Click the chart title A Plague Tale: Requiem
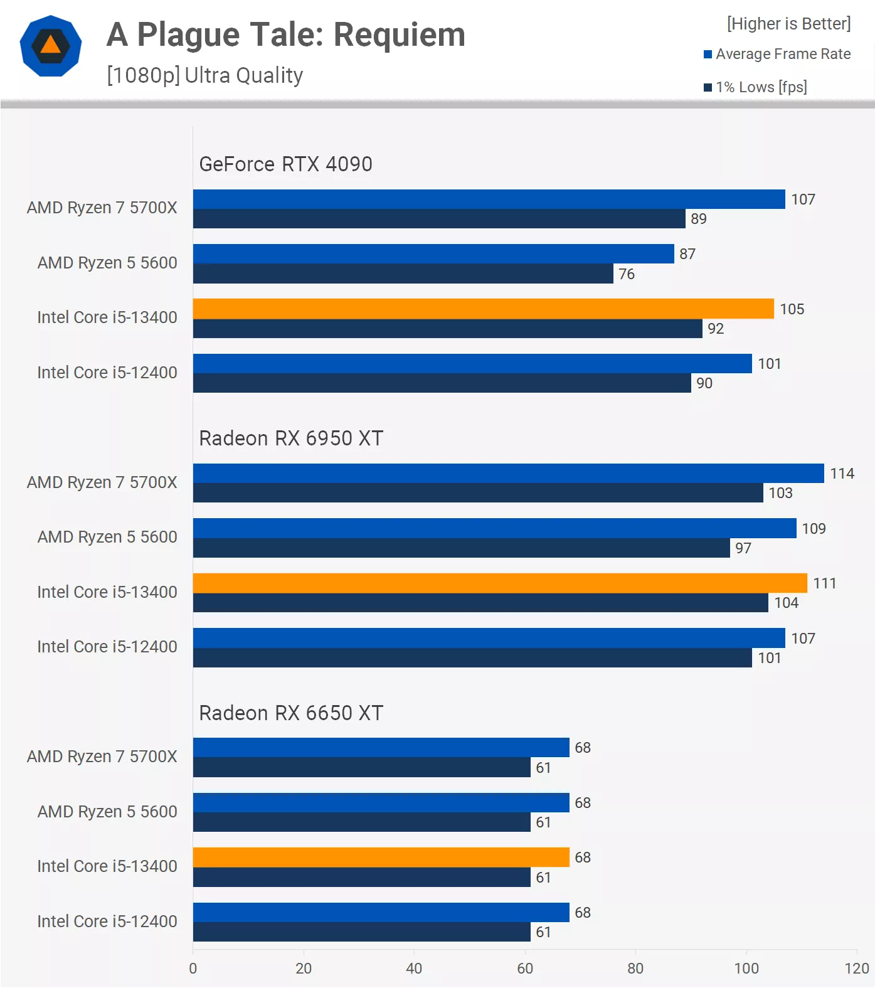tap(286, 35)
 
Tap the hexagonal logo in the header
tap(51, 46)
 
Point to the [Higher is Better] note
tap(788, 24)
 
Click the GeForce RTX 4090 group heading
tap(285, 164)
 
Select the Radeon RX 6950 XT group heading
tap(291, 438)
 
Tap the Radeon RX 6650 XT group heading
tap(291, 713)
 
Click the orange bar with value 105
tap(483, 309)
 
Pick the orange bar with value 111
tap(500, 583)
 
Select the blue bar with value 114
tap(508, 474)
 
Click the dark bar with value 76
tap(403, 274)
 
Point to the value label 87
tap(687, 254)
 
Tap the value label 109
tap(814, 529)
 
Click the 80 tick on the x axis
tap(635, 969)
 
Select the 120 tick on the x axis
tap(856, 969)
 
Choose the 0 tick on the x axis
tap(193, 969)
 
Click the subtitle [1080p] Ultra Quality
tap(205, 75)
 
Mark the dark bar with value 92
tap(447, 329)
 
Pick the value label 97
tap(743, 548)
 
